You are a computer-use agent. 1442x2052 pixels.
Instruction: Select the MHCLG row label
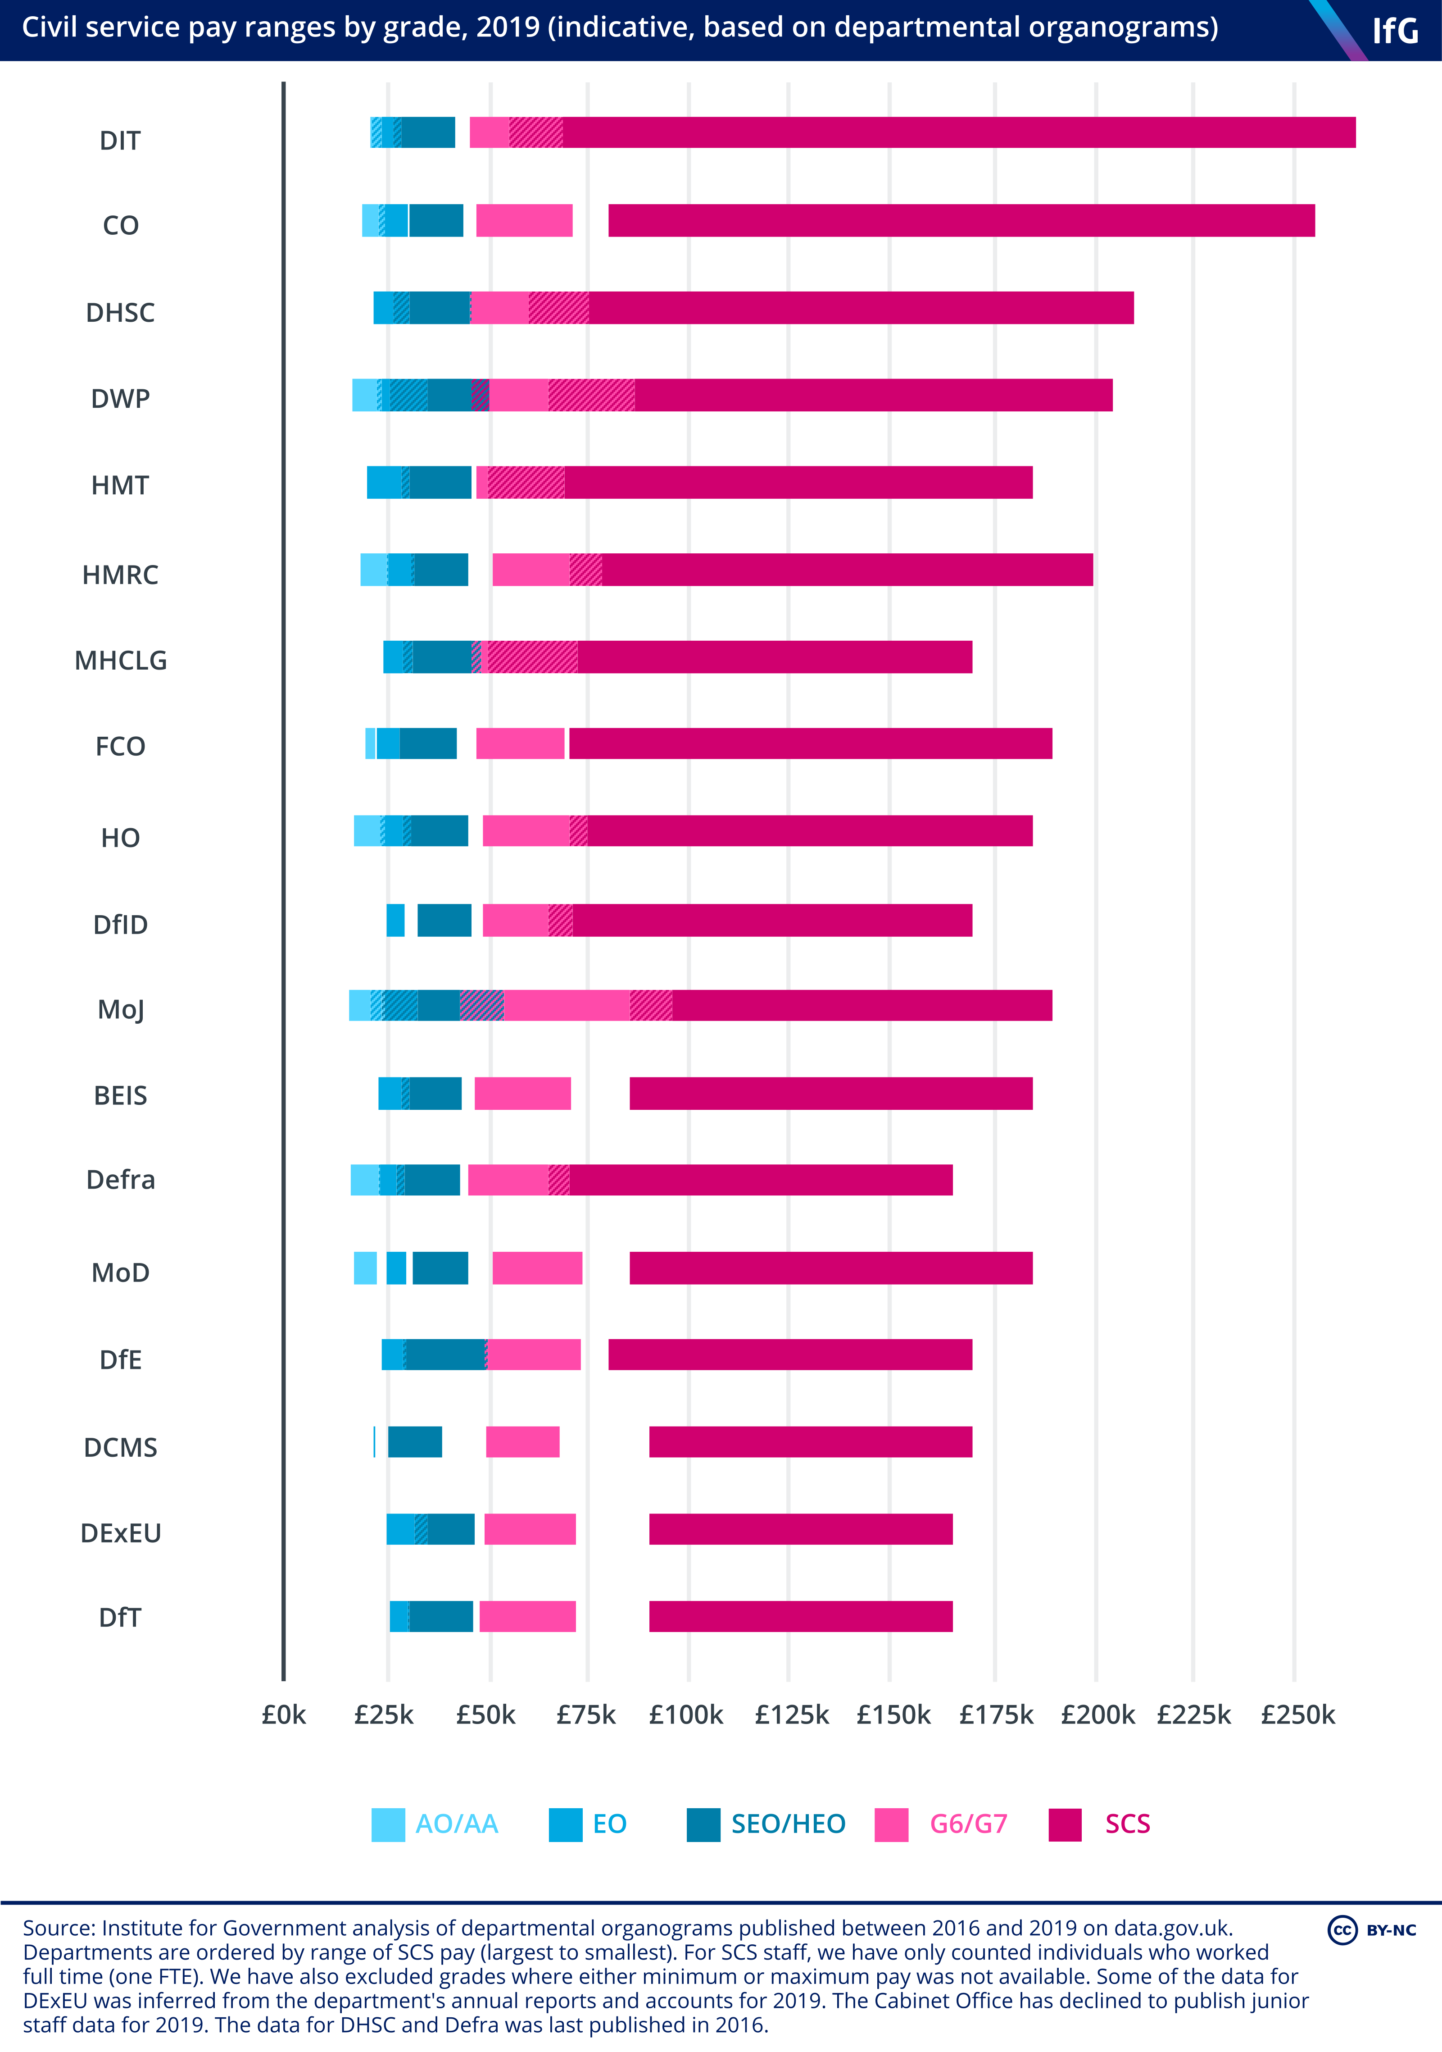pyautogui.click(x=121, y=661)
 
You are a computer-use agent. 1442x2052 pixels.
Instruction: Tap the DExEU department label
pyautogui.click(x=121, y=1533)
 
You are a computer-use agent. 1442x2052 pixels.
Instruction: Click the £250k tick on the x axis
pyautogui.click(x=1297, y=1714)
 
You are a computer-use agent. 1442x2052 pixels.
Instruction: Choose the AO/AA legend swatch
pyautogui.click(x=388, y=1824)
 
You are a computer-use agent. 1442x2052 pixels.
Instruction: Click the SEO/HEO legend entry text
pyautogui.click(x=788, y=1824)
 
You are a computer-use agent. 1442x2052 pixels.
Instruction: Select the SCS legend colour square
pyautogui.click(x=1065, y=1824)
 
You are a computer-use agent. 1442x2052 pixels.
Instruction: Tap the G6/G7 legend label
pyautogui.click(x=969, y=1824)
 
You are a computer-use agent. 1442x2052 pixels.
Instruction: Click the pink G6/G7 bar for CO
pyautogui.click(x=525, y=221)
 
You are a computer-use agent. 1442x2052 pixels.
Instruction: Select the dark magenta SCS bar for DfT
pyautogui.click(x=801, y=1616)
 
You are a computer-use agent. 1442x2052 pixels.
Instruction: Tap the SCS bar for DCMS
pyautogui.click(x=810, y=1441)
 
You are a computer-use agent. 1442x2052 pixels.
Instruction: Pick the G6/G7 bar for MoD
pyautogui.click(x=537, y=1268)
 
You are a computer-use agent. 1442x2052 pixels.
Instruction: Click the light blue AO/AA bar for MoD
pyautogui.click(x=365, y=1268)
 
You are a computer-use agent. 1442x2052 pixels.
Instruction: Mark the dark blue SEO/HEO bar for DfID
pyautogui.click(x=444, y=921)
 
